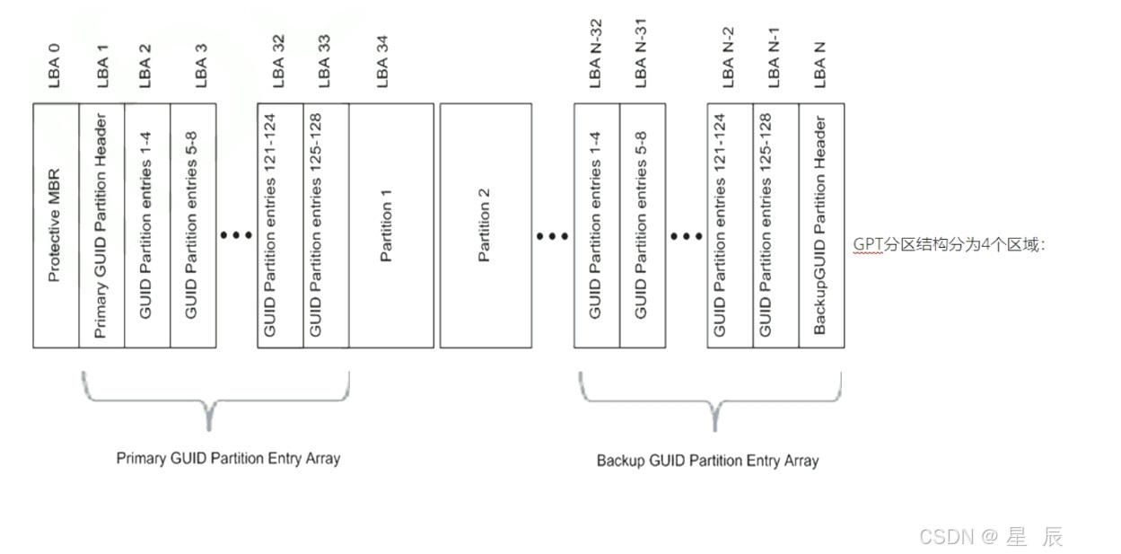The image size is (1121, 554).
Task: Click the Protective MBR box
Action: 56,225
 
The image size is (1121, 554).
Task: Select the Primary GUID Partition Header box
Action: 102,225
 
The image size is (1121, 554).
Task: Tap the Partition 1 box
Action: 390,225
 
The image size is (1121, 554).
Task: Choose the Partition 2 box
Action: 486,225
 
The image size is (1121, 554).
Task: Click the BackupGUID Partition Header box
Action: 821,225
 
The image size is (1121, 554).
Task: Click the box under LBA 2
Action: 147,225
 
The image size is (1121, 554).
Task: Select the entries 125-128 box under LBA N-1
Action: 775,225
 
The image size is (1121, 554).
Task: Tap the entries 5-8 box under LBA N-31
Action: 643,225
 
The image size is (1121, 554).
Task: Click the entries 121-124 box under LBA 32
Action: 280,225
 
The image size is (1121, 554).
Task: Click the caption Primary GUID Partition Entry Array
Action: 228,458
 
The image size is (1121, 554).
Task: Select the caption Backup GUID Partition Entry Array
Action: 707,461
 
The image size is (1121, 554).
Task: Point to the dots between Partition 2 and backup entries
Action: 552,236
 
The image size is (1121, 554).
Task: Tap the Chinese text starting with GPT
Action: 949,244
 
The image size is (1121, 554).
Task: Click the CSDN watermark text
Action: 991,537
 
